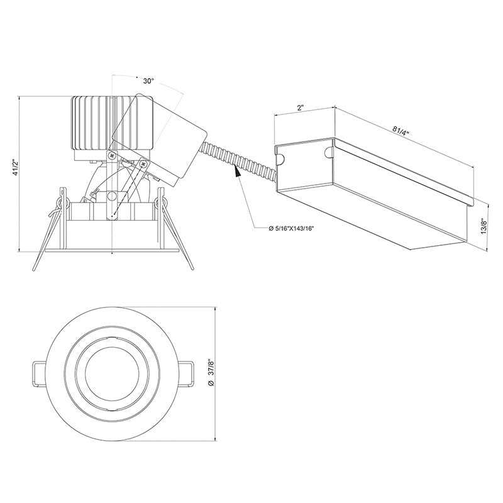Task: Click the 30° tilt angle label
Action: coord(148,81)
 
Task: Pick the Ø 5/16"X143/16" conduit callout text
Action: coord(291,228)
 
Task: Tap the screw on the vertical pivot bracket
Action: coord(111,155)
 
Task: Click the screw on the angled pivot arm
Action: coord(143,164)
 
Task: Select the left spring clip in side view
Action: coord(53,226)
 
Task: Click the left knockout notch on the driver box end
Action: coord(280,152)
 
